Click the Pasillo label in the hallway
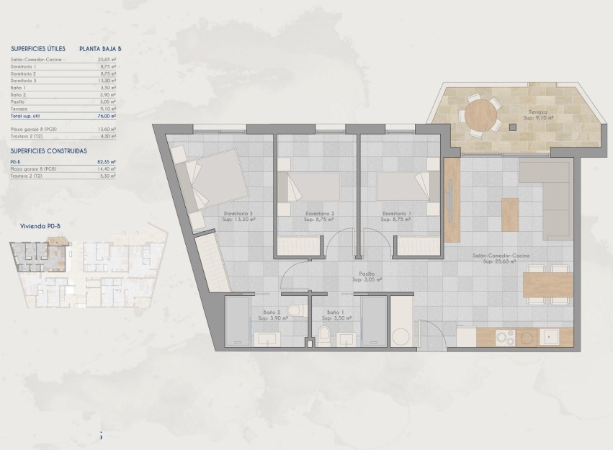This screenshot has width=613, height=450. (x=367, y=274)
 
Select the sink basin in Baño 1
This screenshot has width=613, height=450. (x=348, y=338)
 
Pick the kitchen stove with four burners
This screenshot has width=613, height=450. (x=504, y=337)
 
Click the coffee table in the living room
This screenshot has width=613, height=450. (x=510, y=214)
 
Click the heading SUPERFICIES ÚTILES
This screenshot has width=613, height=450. (x=38, y=49)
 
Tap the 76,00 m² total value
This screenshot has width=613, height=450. (x=107, y=115)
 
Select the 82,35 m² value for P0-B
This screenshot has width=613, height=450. (x=107, y=163)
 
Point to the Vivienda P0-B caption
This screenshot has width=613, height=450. (x=39, y=225)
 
